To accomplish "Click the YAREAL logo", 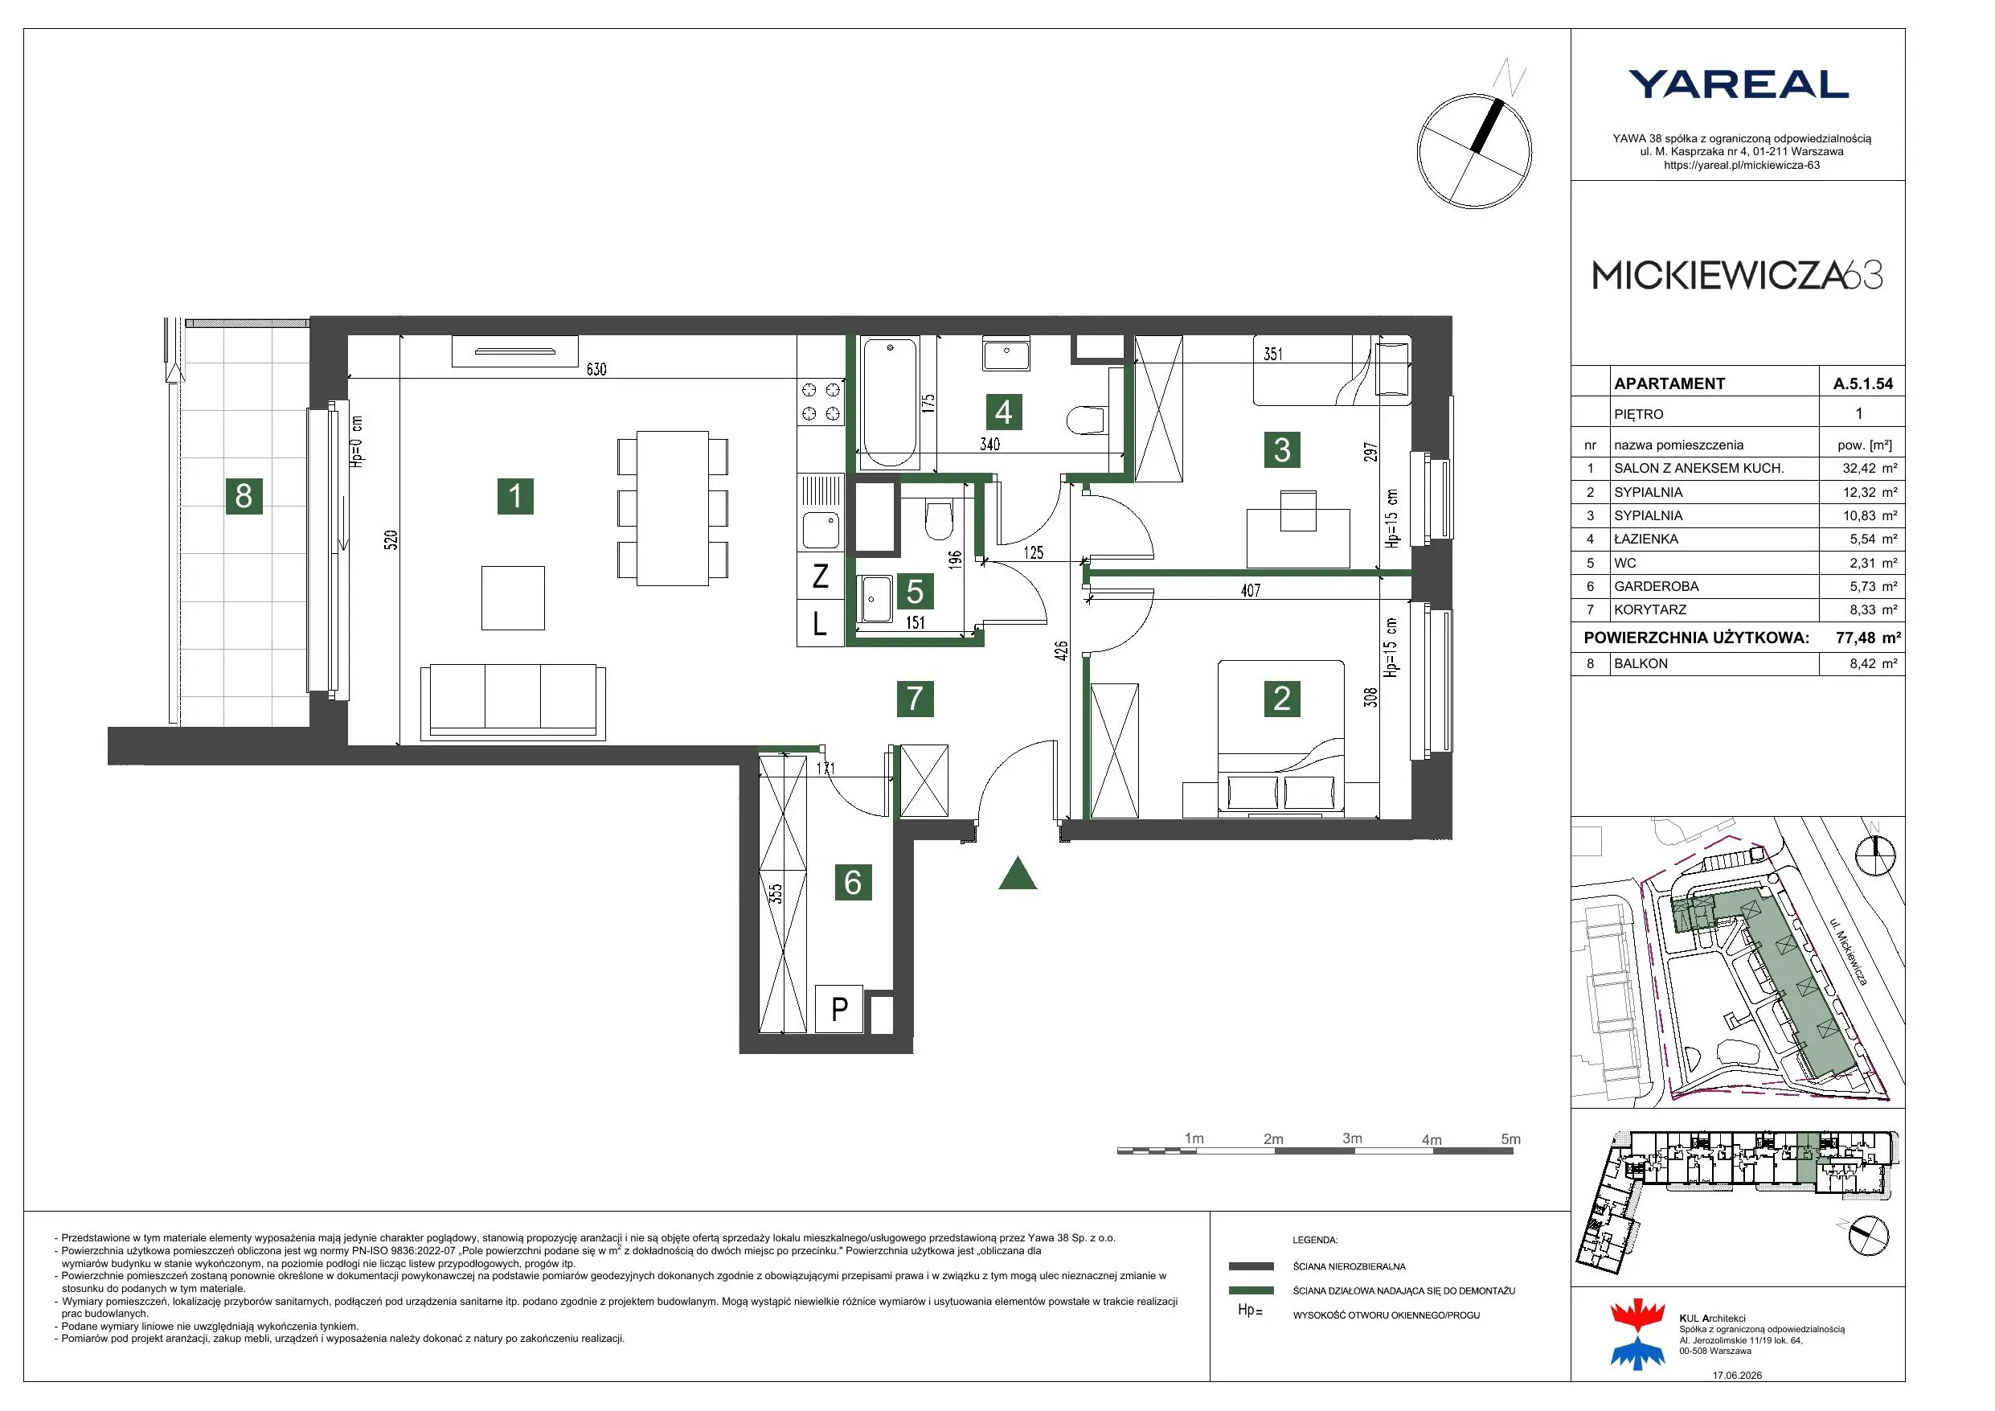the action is pyautogui.click(x=1738, y=84).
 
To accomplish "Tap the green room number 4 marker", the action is pyautogui.click(x=1004, y=412).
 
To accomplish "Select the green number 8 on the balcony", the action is pyautogui.click(x=244, y=495).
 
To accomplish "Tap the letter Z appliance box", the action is pyautogui.click(x=820, y=576).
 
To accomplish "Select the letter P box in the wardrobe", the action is pyautogui.click(x=839, y=1009).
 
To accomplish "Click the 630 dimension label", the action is pyautogui.click(x=596, y=370).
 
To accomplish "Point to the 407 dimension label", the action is pyautogui.click(x=1251, y=591).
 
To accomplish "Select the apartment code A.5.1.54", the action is pyautogui.click(x=1863, y=384).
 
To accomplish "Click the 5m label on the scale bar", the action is pyautogui.click(x=1511, y=1139).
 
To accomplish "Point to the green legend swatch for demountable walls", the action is pyautogui.click(x=1251, y=1291).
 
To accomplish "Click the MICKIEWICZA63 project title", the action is pyautogui.click(x=1738, y=276).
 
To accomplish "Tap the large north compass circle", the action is pyautogui.click(x=1473, y=151).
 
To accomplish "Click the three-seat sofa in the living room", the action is pyautogui.click(x=513, y=703).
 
